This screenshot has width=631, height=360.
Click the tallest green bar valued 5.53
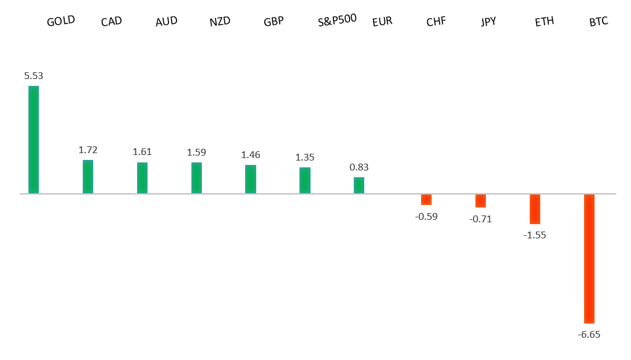point(33,140)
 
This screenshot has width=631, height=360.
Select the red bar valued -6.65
point(589,259)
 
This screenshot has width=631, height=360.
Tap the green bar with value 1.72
point(88,177)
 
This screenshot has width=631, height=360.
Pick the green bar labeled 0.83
point(359,185)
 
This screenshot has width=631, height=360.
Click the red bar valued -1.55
point(535,209)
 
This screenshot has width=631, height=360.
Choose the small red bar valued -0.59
point(426,199)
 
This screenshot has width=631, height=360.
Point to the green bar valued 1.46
point(250,179)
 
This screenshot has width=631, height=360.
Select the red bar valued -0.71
point(480,201)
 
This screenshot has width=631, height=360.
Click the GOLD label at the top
point(61,21)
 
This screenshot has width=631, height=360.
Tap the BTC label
point(598,22)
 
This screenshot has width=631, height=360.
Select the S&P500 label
point(336,20)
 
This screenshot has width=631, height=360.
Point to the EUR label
point(382,22)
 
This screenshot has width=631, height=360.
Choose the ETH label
point(544,22)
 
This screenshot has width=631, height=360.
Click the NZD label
point(220,22)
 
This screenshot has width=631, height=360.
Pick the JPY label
point(488,22)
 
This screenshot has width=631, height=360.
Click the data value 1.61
point(142,152)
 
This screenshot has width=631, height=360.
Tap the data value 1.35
point(304,157)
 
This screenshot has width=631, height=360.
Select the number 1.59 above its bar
point(196,152)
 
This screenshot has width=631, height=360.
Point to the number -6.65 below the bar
point(588,334)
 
